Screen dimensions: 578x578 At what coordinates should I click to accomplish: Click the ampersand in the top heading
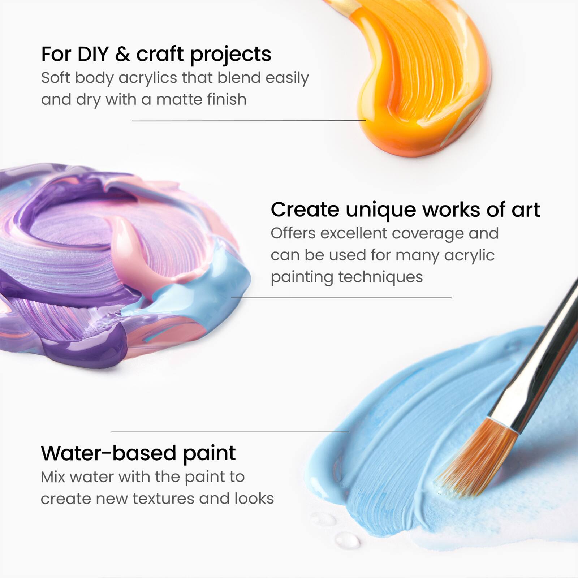pyautogui.click(x=122, y=54)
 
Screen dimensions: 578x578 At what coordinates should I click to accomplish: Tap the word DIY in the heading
pyautogui.click(x=93, y=54)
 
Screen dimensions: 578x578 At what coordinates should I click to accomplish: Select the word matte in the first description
pyautogui.click(x=178, y=99)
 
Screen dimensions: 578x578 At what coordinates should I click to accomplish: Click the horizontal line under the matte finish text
pyautogui.click(x=249, y=121)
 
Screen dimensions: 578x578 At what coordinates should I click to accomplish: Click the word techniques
pyautogui.click(x=380, y=277)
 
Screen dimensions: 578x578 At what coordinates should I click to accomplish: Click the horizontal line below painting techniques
pyautogui.click(x=341, y=298)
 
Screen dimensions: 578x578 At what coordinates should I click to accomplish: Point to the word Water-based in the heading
pyautogui.click(x=108, y=453)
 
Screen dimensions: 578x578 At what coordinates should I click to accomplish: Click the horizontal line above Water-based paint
pyautogui.click(x=230, y=432)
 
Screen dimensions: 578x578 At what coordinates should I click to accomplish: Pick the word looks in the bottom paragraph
pyautogui.click(x=254, y=499)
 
